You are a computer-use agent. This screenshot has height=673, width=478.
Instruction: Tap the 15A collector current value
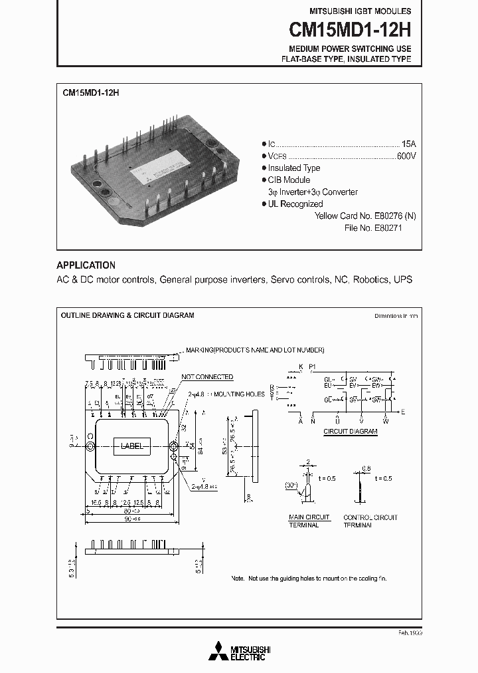click(408, 144)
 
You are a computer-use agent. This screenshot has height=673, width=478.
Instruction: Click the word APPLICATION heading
click(86, 265)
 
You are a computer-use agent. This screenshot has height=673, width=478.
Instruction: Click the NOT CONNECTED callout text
click(206, 377)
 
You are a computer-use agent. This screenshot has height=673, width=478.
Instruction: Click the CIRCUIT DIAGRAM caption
click(351, 432)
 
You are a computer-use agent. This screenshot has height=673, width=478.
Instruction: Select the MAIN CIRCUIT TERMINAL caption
click(304, 521)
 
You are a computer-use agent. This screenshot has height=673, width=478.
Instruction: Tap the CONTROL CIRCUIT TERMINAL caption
click(370, 521)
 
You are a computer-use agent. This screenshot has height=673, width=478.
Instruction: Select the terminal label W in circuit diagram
click(384, 420)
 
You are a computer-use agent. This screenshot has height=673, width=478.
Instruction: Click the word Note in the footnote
click(238, 579)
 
